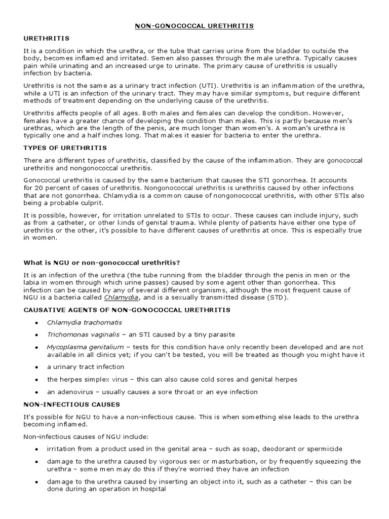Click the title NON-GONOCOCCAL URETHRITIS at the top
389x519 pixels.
[x=194, y=25]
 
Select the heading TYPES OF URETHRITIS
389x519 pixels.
[x=65, y=147]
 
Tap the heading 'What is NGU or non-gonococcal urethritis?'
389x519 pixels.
[x=102, y=262]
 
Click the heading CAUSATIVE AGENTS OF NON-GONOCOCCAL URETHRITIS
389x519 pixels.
[x=127, y=310]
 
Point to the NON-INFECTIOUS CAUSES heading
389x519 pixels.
[x=72, y=404]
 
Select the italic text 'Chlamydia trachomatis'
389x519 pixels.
[x=85, y=322]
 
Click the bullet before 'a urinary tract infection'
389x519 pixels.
[x=36, y=367]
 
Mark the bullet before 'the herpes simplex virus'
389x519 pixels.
[x=36, y=380]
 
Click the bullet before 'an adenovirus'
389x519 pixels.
[x=36, y=392]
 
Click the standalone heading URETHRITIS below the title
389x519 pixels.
[x=47, y=38]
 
